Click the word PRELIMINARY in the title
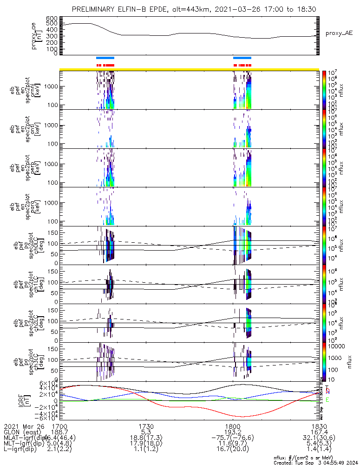tap(96, 9)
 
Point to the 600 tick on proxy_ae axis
tap(52, 18)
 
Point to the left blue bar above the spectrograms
tap(105, 58)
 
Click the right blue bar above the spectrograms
tap(242, 58)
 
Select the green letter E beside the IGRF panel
tap(327, 400)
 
